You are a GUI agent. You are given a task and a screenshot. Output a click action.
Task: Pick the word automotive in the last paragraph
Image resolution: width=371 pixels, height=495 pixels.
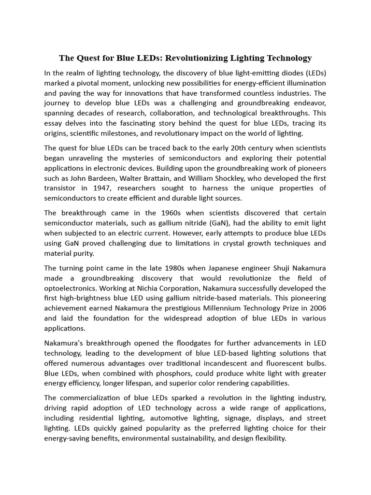coord(184,418)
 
